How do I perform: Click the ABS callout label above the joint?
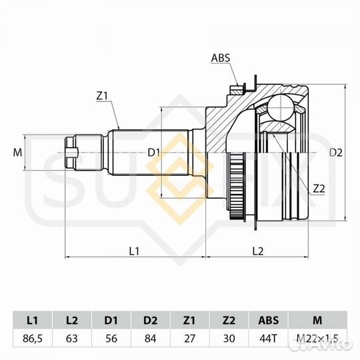[x=221, y=58]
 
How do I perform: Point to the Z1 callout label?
[x=102, y=97]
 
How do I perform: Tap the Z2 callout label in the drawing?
[x=319, y=189]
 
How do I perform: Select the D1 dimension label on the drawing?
[x=153, y=153]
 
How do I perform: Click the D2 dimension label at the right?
[x=336, y=153]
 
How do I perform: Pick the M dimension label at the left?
[x=17, y=153]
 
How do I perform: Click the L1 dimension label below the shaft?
[x=134, y=251]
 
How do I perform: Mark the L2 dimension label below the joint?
[x=258, y=251]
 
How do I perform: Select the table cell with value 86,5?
[x=33, y=339]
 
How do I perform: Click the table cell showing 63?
[x=72, y=339]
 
